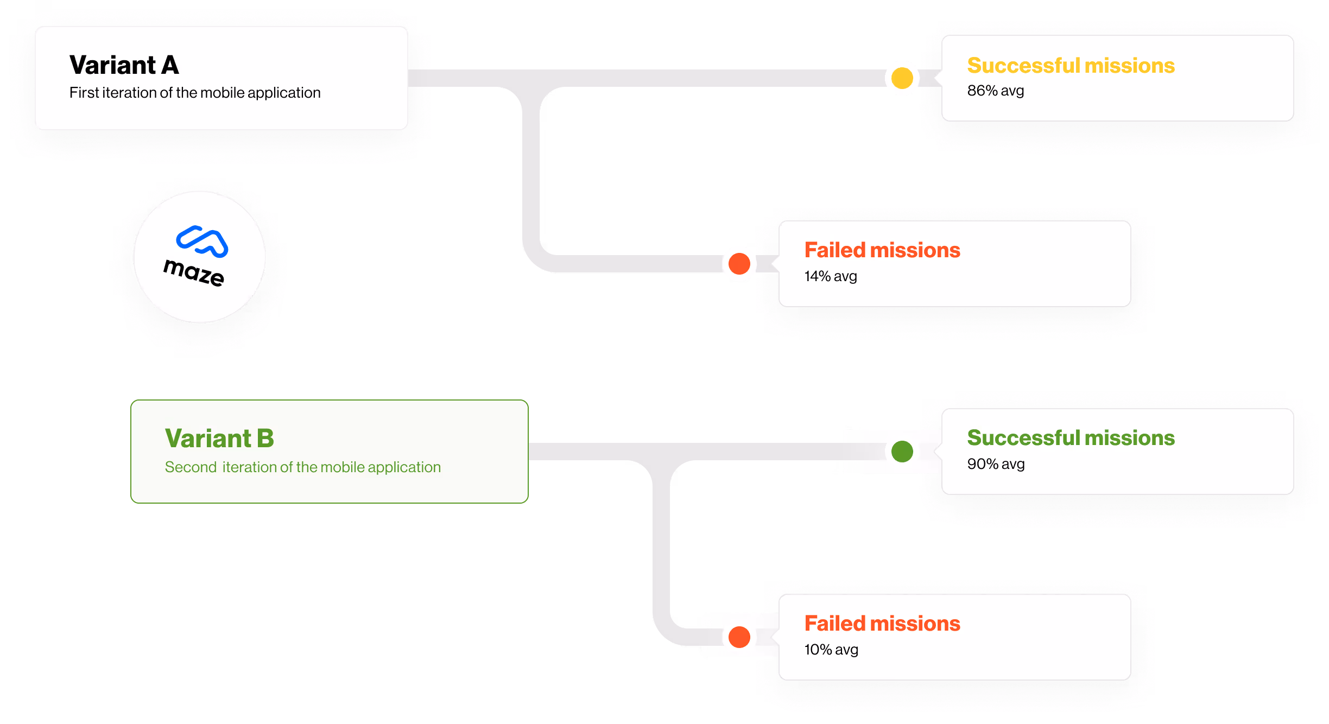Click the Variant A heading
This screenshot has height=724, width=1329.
click(x=124, y=65)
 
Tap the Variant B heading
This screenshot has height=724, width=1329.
click(x=219, y=438)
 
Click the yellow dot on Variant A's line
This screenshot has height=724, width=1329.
click(x=902, y=78)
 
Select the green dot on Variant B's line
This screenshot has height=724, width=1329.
click(x=902, y=451)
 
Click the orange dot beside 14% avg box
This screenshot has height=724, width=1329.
click(x=739, y=264)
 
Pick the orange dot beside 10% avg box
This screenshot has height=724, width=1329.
click(x=739, y=637)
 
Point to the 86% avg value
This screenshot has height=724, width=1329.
click(x=995, y=91)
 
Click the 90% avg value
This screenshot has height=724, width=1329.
click(x=996, y=464)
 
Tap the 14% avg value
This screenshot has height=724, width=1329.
click(x=830, y=276)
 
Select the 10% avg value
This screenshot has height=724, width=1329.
click(x=831, y=650)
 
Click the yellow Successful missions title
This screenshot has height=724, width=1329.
click(x=1071, y=66)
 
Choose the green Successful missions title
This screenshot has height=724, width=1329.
click(x=1071, y=438)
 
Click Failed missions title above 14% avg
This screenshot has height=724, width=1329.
click(x=882, y=250)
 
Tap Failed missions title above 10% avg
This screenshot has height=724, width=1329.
click(x=882, y=624)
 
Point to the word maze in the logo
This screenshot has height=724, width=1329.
click(x=194, y=272)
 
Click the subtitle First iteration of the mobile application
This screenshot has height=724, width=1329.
click(x=195, y=93)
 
